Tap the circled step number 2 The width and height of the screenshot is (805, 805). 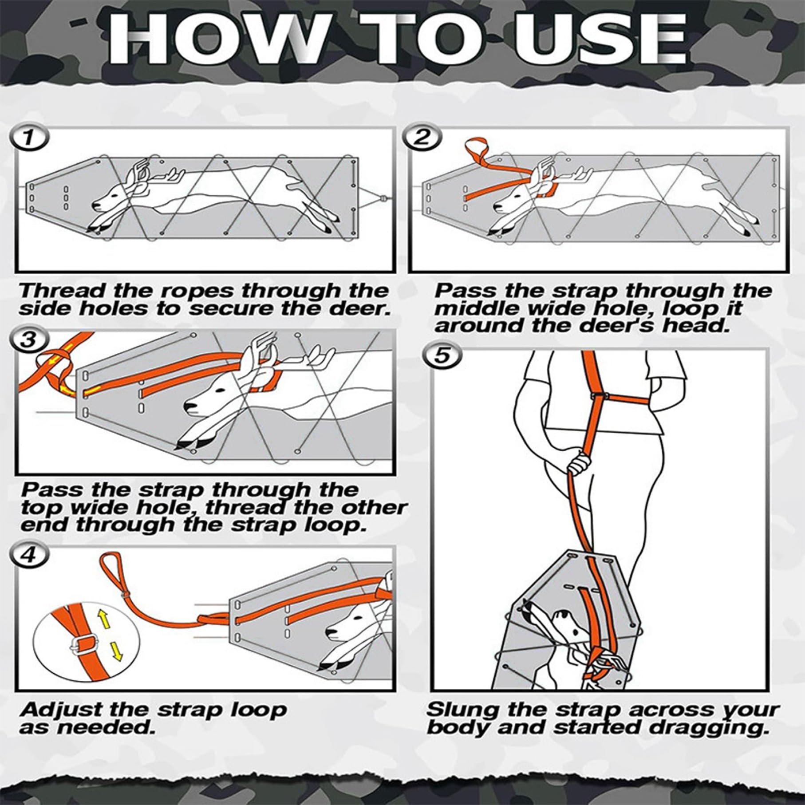click(422, 138)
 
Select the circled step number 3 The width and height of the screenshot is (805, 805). click(29, 340)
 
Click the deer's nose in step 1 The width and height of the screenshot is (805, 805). click(95, 205)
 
